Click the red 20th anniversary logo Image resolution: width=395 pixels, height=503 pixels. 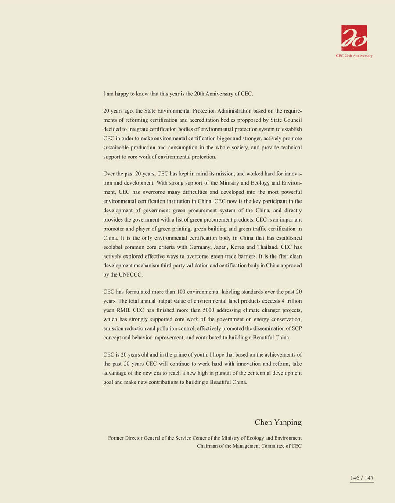point(354,38)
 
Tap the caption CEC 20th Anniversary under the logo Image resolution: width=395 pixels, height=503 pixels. point(354,56)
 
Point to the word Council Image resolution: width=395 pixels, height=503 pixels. point(292,120)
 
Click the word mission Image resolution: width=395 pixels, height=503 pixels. point(215,174)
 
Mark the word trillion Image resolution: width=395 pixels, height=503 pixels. point(292,301)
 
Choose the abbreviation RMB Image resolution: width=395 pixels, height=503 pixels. point(124,310)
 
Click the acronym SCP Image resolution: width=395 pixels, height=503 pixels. point(296,328)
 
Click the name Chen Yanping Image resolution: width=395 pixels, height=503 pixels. point(278,423)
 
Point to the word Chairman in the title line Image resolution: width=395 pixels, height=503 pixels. point(208,446)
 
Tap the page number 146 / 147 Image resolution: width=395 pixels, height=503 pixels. point(362,478)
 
